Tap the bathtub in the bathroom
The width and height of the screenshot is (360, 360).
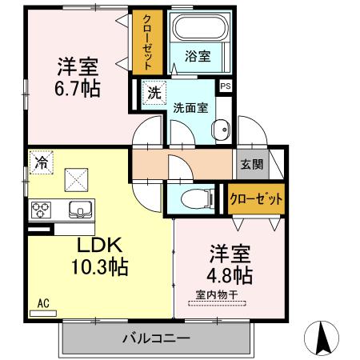point(197,33)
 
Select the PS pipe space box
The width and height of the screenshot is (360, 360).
point(226,86)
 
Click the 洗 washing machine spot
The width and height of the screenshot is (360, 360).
point(153,92)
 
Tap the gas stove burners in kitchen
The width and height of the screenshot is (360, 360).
point(41,210)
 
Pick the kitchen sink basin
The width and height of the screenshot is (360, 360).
point(80,210)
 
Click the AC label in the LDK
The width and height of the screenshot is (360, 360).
point(43,304)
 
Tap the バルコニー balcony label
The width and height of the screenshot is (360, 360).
point(155,338)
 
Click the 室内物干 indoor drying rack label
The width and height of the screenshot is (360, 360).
point(217,295)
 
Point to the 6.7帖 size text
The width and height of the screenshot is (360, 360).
point(78,89)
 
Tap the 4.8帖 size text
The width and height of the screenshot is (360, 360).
point(230,276)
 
